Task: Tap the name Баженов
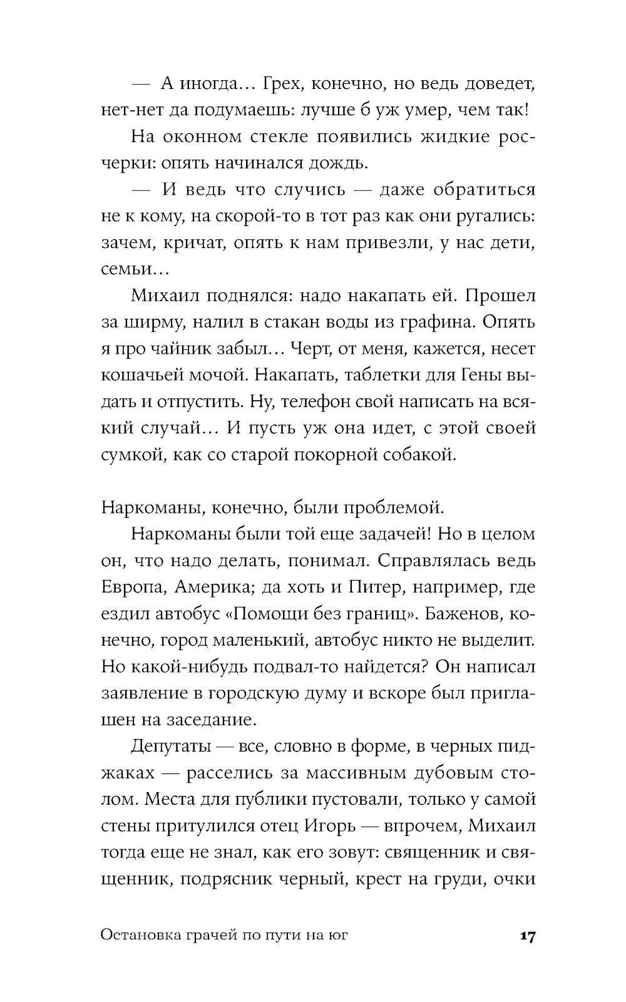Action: click(458, 614)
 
